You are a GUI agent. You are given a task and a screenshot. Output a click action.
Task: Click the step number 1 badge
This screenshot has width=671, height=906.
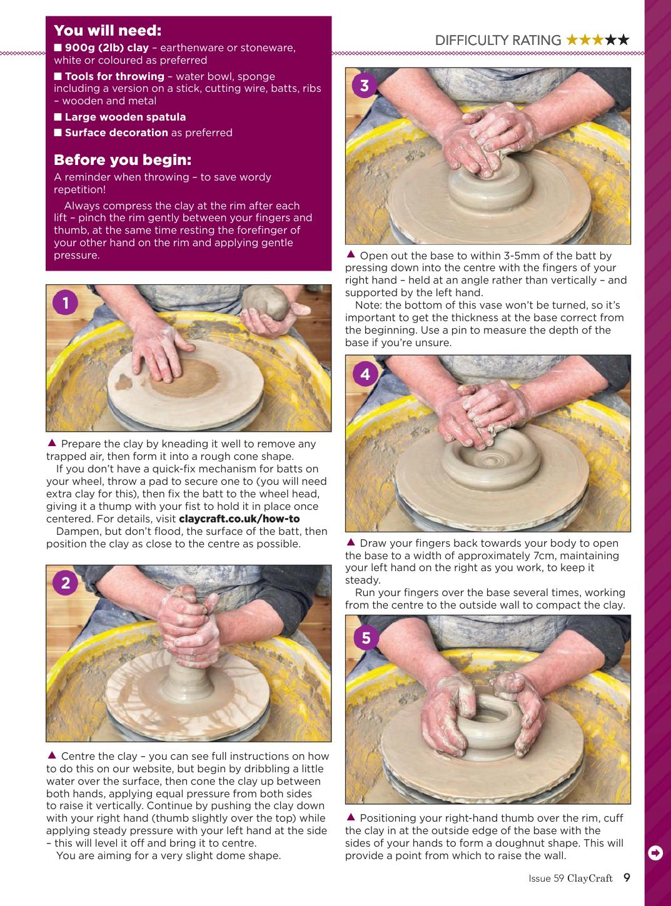point(66,302)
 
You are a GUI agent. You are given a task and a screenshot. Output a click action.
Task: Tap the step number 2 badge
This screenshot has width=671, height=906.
point(66,583)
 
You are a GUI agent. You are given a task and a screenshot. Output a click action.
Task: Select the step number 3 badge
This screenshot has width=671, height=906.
point(365,86)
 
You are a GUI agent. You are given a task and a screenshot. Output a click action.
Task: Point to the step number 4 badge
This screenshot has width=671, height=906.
point(365,374)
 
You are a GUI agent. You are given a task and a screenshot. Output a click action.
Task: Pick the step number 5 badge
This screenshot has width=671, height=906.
point(366,637)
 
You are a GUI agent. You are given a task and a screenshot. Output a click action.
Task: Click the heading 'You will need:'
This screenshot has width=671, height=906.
point(108,30)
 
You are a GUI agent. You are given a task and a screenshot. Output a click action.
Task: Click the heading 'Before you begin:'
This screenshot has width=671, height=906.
point(123,160)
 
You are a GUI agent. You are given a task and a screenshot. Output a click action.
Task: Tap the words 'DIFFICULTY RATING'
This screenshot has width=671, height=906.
point(498,40)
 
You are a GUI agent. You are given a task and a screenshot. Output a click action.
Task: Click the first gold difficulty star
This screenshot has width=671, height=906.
point(572,39)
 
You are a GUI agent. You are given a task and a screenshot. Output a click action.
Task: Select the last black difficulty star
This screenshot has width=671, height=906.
point(623,39)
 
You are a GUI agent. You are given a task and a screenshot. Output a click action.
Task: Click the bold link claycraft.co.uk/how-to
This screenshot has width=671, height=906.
point(240,519)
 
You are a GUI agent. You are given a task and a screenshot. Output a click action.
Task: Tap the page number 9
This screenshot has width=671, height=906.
point(627,877)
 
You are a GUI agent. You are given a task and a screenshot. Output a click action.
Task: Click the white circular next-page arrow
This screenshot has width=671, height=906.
point(655,853)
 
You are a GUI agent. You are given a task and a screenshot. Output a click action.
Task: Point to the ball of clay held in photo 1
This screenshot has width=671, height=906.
point(266,302)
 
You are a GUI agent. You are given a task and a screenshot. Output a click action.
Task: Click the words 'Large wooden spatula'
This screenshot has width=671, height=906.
point(125,117)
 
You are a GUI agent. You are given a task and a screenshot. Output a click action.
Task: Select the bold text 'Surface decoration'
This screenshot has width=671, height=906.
point(116,132)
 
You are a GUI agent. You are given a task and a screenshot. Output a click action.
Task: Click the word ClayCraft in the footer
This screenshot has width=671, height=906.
point(590,879)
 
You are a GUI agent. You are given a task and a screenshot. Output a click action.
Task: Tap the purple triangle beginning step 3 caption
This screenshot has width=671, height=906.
point(350,254)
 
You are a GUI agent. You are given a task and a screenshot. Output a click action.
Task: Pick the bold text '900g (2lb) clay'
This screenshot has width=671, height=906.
point(107,47)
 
